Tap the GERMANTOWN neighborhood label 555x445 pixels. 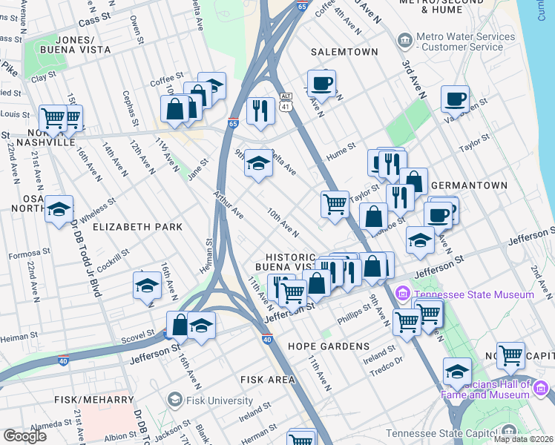click(x=469, y=185)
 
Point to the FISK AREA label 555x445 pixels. click(x=268, y=379)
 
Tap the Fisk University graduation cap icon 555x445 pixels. click(x=174, y=400)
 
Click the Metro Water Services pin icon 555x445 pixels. click(x=404, y=39)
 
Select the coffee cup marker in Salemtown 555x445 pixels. click(x=321, y=82)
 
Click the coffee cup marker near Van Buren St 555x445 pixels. click(x=455, y=98)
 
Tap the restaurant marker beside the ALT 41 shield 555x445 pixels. click(x=260, y=111)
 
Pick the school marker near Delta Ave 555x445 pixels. click(x=258, y=162)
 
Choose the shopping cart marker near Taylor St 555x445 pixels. click(x=335, y=203)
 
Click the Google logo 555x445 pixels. click(x=24, y=435)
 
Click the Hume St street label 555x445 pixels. click(x=341, y=154)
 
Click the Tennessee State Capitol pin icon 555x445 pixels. click(x=509, y=430)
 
